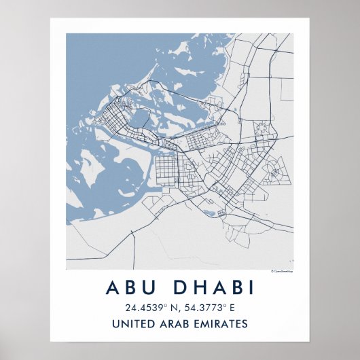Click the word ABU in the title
point(129,287)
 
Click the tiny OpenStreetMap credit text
point(281,271)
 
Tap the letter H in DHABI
point(199,287)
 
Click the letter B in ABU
point(129,287)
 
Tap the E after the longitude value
point(234,308)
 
